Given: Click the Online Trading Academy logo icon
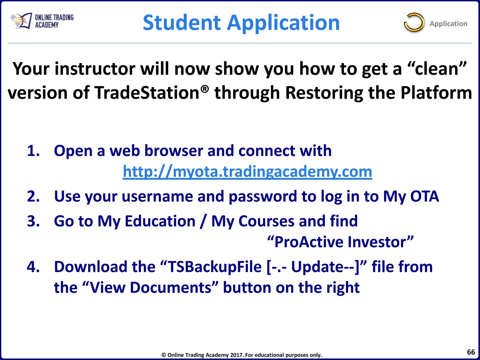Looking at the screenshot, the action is pos(21,21).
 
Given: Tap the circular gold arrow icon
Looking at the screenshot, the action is pos(414,22).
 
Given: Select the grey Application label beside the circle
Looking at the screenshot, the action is pos(448,24).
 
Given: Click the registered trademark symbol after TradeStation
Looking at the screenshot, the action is pos(205,89).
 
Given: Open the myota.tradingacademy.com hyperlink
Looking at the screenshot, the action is pos(247,172).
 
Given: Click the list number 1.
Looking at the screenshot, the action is pos(33,151).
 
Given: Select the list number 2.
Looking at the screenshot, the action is pos(33,196).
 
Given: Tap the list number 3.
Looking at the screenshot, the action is pos(33,221).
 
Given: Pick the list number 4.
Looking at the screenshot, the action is pos(33,267).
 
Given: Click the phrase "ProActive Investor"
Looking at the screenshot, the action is pos(340,242).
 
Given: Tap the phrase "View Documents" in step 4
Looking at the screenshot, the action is pos(151,287).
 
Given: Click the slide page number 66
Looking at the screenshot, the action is pos(471,352).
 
